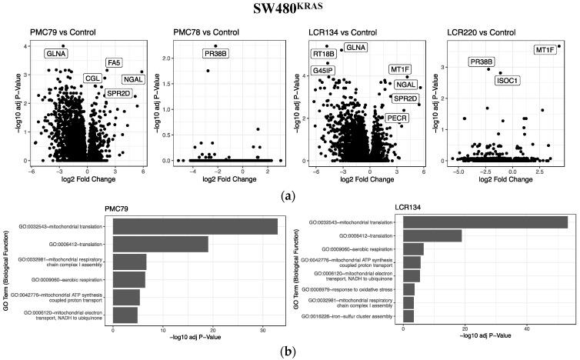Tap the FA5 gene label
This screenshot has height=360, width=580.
pyautogui.click(x=114, y=63)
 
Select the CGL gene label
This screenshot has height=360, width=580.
pyautogui.click(x=93, y=78)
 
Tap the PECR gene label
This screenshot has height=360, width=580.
pyautogui.click(x=397, y=118)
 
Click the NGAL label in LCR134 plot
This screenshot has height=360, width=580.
pyautogui.click(x=405, y=85)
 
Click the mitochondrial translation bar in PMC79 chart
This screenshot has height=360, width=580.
pyautogui.click(x=195, y=226)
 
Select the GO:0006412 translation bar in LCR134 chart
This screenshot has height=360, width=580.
pyautogui.click(x=432, y=236)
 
